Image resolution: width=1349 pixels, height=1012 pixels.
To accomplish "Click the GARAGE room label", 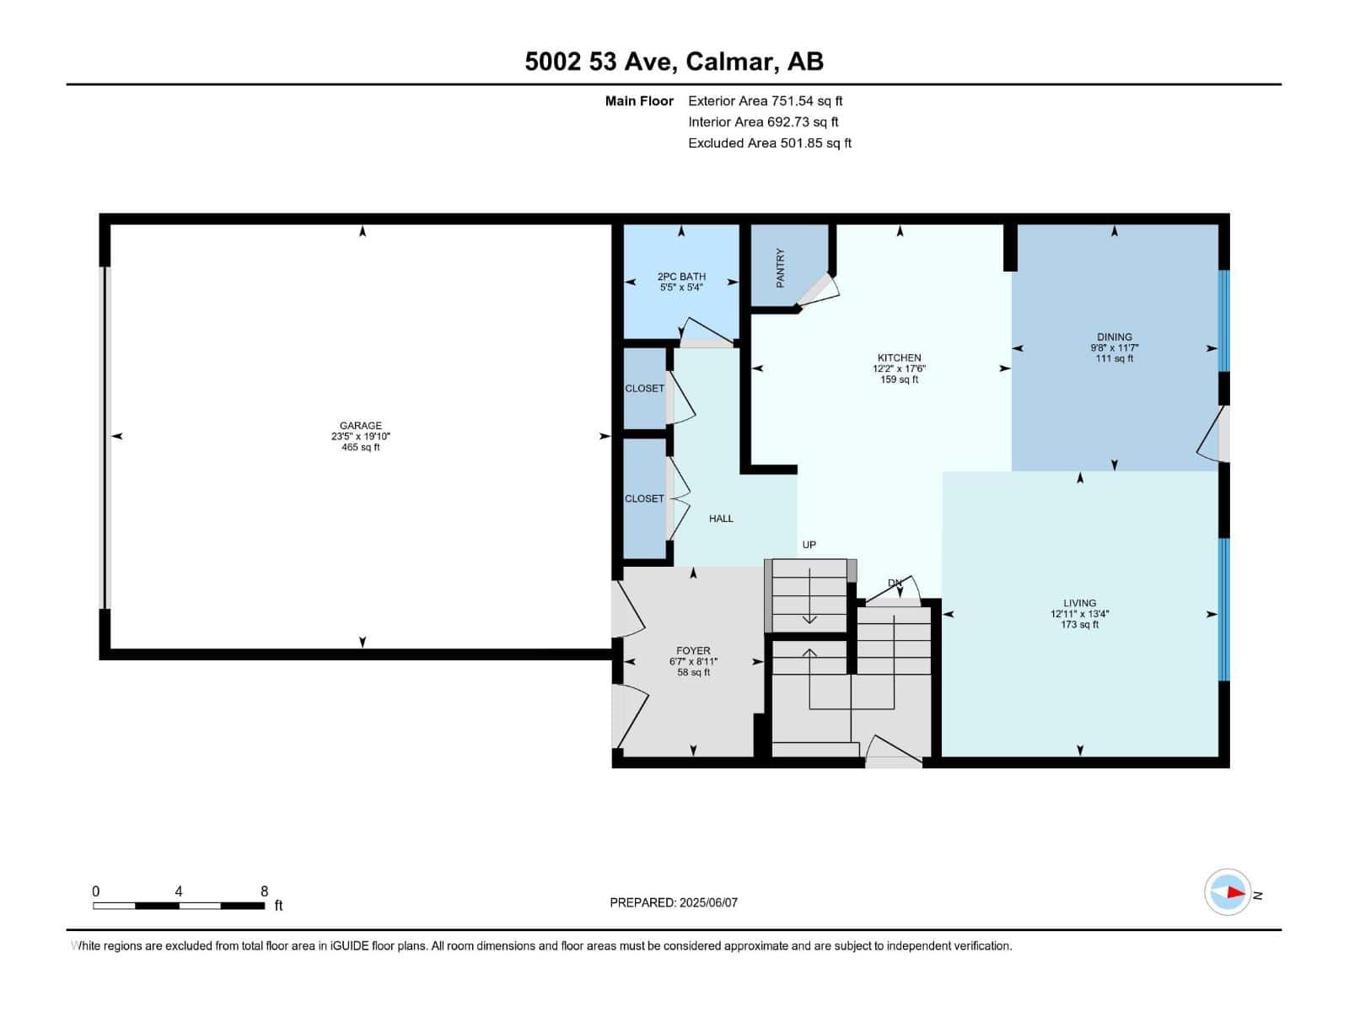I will coord(360,426).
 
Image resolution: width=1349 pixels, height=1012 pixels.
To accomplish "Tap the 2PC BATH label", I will coord(681,277).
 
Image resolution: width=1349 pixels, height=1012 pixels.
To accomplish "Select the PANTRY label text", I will coord(780,267).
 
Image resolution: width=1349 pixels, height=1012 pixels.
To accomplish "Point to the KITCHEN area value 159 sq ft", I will coord(899,379).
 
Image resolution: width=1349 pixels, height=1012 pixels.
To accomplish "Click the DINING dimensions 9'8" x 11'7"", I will coord(1114,347).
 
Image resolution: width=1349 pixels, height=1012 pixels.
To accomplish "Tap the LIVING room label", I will coord(1079,603).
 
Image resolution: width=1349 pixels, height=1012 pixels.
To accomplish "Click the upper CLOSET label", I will coord(644,389).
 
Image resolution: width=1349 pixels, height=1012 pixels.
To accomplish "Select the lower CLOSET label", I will coord(644,498).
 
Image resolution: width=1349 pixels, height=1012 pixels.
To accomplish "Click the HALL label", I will coord(721,519).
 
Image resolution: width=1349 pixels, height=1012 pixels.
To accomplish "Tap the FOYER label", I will coord(693,650).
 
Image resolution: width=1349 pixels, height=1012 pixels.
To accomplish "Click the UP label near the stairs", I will coord(809,545).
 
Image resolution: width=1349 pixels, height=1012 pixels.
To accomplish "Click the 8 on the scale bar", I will coord(264,891).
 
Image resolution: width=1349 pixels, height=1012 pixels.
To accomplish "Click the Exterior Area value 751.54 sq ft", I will coord(807,101).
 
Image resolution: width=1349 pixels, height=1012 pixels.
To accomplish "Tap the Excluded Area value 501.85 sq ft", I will coord(815,143).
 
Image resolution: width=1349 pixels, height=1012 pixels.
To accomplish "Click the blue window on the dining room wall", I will coord(1224,320).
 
